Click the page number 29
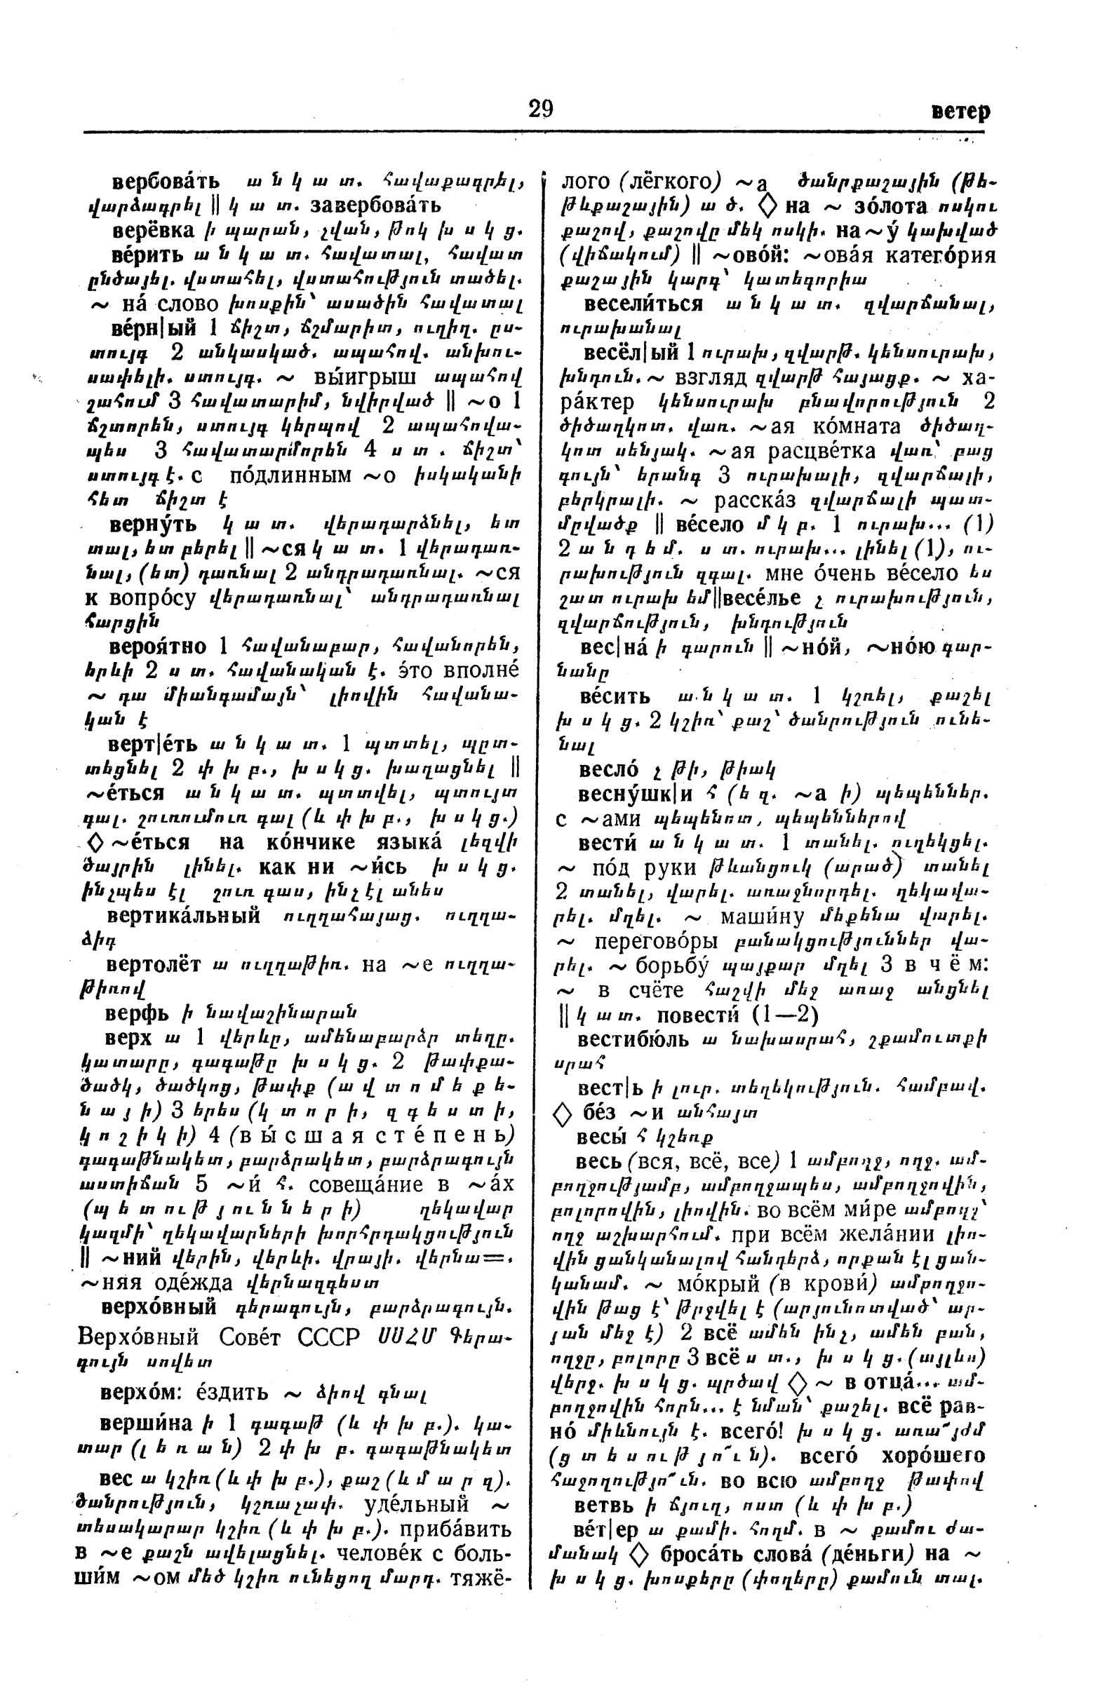[x=540, y=109]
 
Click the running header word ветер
[x=960, y=111]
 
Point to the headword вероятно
[x=158, y=647]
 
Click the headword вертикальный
[x=189, y=917]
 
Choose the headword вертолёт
[x=154, y=965]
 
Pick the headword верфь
[x=137, y=1013]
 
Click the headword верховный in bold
[x=159, y=1307]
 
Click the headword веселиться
[x=643, y=305]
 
